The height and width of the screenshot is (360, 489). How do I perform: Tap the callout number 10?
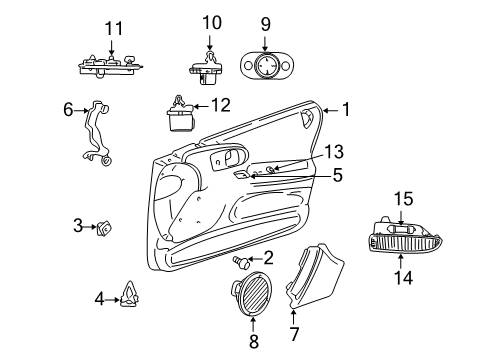[x=210, y=22]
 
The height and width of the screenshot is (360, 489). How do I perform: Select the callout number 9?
[x=265, y=22]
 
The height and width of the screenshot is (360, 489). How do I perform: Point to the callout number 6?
[x=68, y=111]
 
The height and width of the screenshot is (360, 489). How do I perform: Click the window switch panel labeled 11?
[x=110, y=66]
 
